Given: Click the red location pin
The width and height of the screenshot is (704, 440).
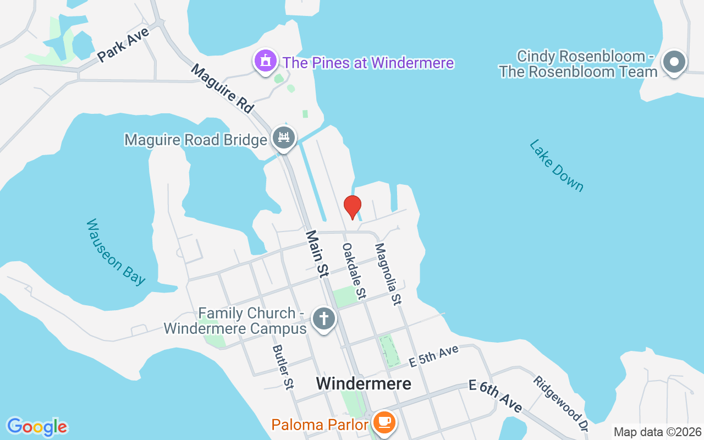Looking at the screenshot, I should [352, 207].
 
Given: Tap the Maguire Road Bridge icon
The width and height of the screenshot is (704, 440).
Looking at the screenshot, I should [284, 138].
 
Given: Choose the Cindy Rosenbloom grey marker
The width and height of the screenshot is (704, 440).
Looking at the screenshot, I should [674, 63].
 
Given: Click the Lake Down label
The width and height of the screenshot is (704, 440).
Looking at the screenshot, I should [556, 165].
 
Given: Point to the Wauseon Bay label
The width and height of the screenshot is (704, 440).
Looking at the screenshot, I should [116, 252].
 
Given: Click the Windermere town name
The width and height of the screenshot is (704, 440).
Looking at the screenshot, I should [364, 383].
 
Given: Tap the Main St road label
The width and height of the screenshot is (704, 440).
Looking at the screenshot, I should [317, 252].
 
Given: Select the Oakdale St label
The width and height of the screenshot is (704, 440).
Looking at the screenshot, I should [354, 271].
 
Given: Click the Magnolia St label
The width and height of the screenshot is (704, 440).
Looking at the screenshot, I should [388, 274].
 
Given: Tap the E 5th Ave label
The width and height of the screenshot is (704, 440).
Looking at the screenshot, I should [434, 356].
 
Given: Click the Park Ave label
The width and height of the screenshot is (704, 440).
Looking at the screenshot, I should [123, 45].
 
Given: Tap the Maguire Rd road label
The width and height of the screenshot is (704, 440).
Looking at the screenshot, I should [222, 89].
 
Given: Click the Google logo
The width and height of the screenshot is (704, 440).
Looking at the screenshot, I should [37, 427].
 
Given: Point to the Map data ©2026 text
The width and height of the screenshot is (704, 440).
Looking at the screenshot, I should [657, 432].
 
